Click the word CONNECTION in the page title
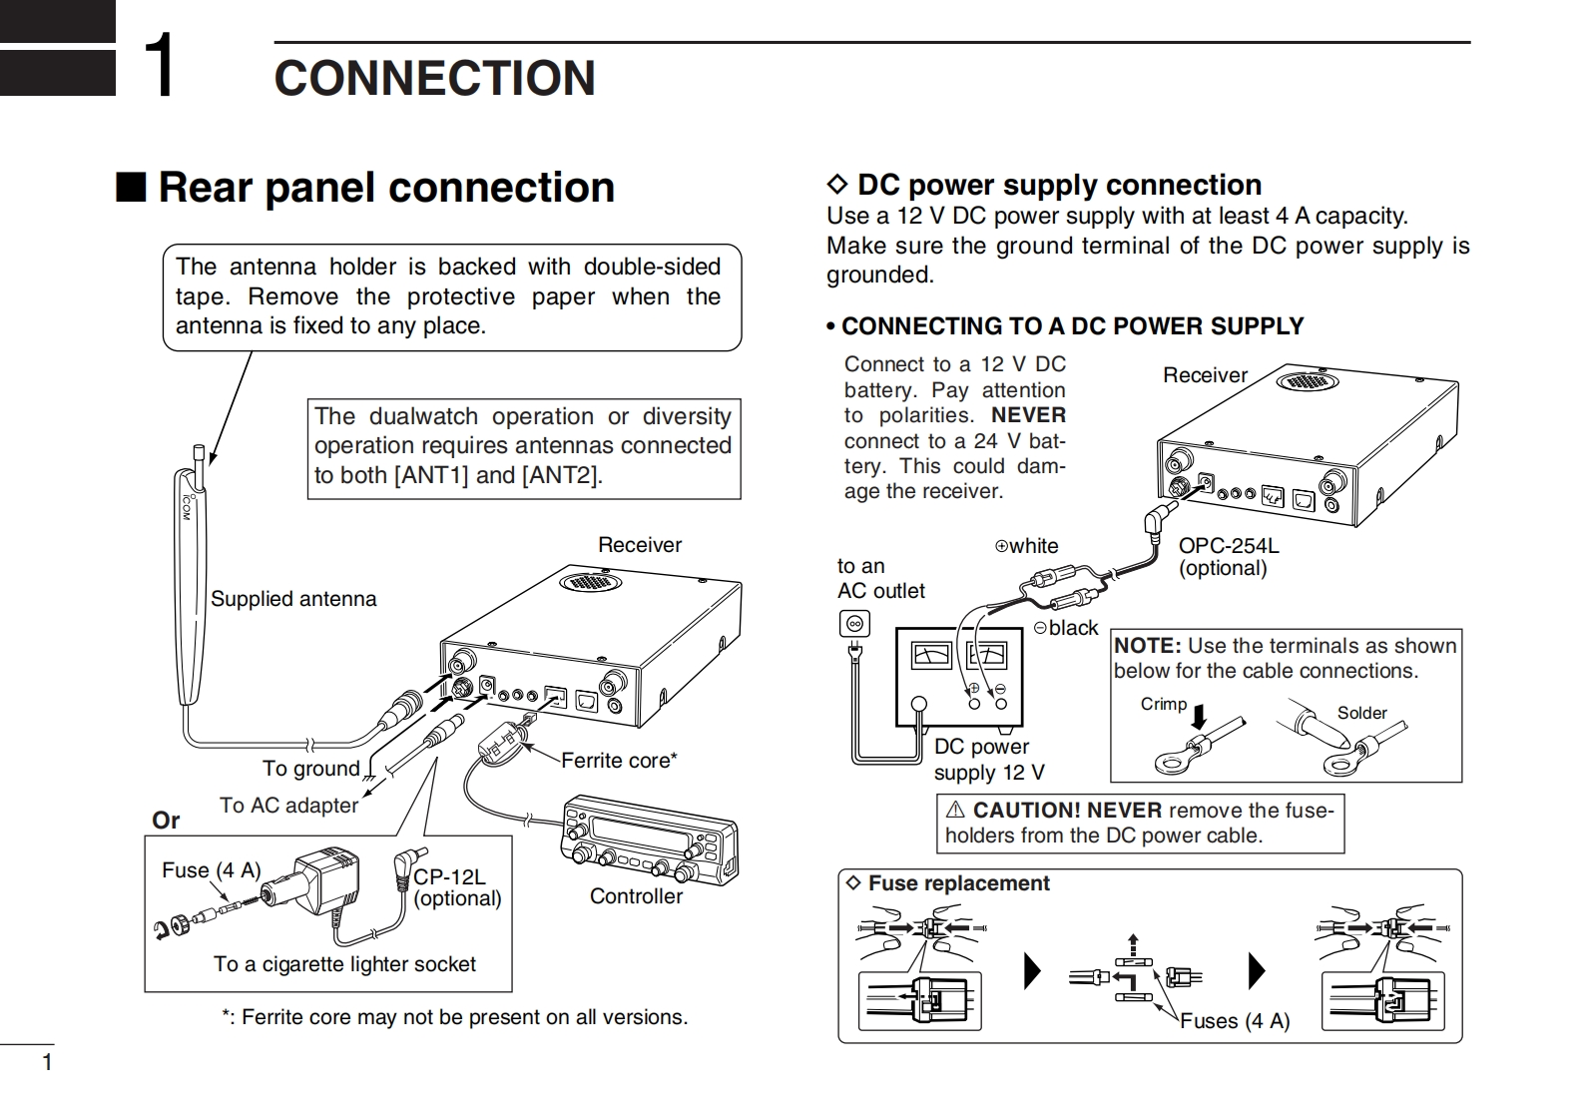tap(434, 78)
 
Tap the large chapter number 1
tap(160, 66)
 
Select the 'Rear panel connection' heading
tap(385, 188)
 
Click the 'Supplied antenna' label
tap(293, 599)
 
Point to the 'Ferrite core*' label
tap(619, 761)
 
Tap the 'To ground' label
tap(310, 769)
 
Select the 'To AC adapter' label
tap(288, 806)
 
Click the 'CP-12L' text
tap(449, 876)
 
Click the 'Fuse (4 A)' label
tap(211, 870)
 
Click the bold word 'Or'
tap(166, 821)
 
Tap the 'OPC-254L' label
tap(1228, 546)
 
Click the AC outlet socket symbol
tap(854, 625)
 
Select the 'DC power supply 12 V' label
tap(988, 760)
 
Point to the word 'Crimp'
tap(1164, 704)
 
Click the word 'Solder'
tap(1361, 713)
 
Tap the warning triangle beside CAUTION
tap(955, 810)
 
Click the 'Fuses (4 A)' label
tap(1235, 1021)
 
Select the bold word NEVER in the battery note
tap(1028, 415)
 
